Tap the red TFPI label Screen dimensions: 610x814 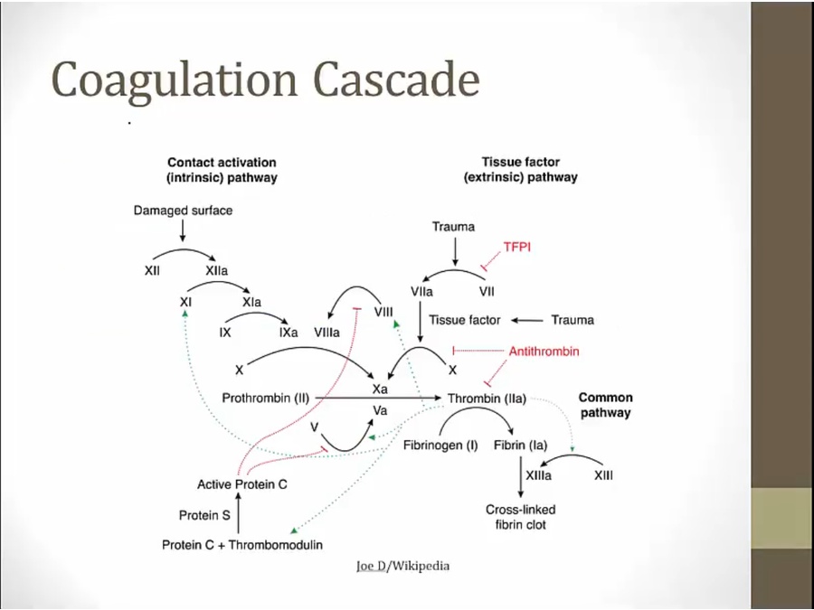(x=516, y=246)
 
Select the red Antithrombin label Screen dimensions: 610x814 (x=544, y=351)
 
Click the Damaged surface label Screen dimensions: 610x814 (x=183, y=211)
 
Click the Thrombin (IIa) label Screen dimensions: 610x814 (x=487, y=398)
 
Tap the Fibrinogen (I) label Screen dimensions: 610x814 (x=440, y=445)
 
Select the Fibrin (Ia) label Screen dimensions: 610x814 (x=520, y=445)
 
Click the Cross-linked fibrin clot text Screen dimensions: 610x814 (x=520, y=517)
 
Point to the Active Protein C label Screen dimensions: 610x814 (x=242, y=484)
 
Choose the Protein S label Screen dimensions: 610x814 (x=204, y=515)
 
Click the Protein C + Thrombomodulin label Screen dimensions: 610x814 (x=242, y=545)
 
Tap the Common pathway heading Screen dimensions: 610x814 (x=605, y=405)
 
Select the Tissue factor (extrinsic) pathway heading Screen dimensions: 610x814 (x=520, y=170)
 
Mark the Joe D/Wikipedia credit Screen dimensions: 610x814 (x=403, y=566)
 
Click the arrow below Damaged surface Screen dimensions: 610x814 (x=183, y=231)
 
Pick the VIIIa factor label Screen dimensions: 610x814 (x=327, y=332)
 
